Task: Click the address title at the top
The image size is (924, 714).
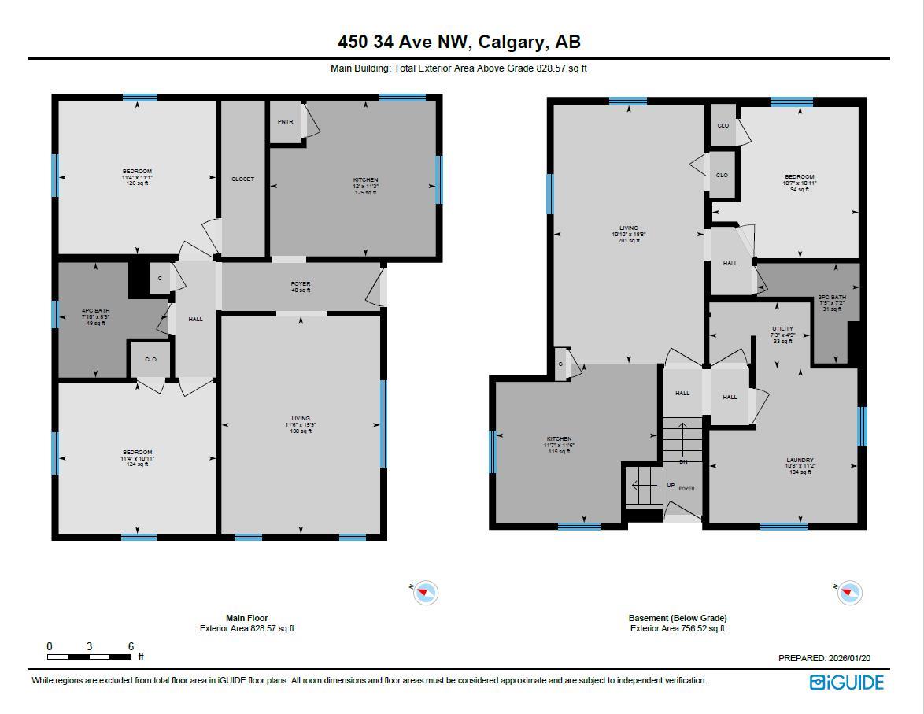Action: pos(460,41)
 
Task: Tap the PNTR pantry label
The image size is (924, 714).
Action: pos(285,122)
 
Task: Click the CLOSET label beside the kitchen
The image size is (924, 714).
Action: pos(242,179)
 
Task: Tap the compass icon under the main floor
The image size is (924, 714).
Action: pos(425,592)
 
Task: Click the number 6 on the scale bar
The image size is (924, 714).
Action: pos(131,646)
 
